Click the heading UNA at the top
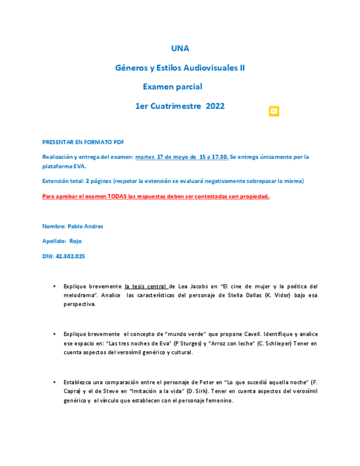(180, 48)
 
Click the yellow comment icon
(274, 112)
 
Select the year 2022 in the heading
(215, 106)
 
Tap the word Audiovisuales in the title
(205, 68)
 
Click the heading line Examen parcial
(173, 87)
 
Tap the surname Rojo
(75, 241)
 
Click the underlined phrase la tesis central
(147, 286)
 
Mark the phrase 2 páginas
(95, 181)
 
